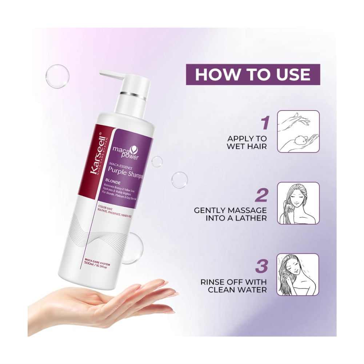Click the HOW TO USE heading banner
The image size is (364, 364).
tap(253, 75)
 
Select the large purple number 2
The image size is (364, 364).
tap(261, 195)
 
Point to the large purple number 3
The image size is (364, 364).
tap(261, 267)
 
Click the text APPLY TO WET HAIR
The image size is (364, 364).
tap(247, 143)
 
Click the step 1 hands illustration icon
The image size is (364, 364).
tap(298, 131)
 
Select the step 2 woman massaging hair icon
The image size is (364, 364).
tap(298, 203)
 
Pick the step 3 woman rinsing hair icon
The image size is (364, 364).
tap(298, 275)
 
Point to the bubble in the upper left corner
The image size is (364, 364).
tap(57, 76)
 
